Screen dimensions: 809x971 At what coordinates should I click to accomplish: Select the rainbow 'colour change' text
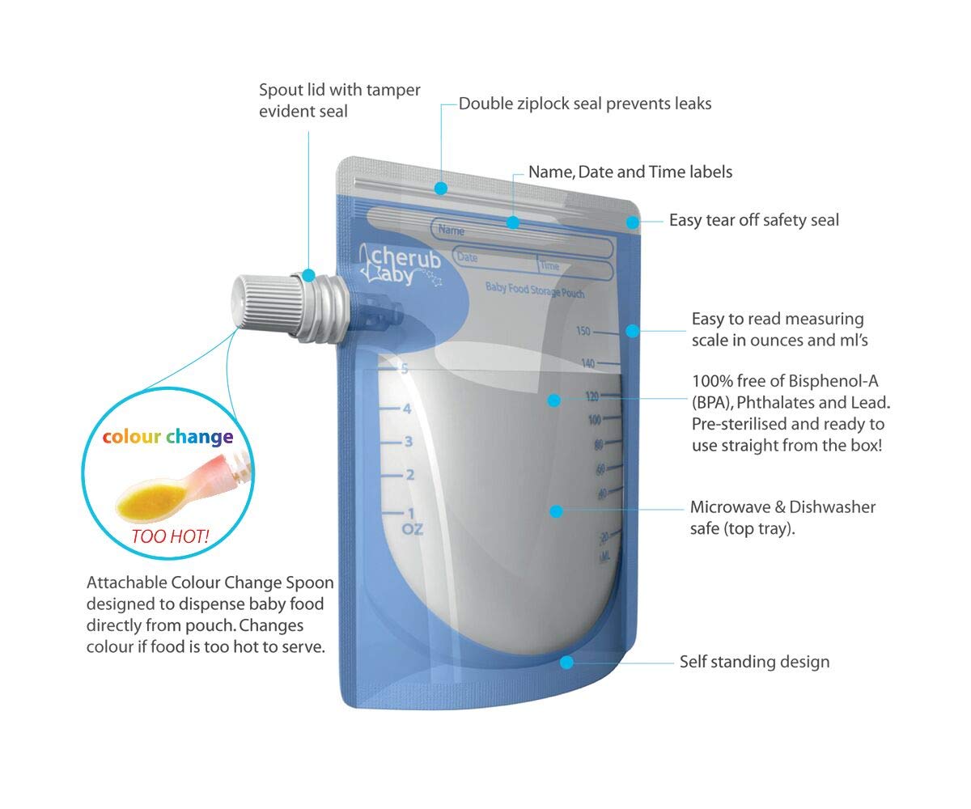[167, 437]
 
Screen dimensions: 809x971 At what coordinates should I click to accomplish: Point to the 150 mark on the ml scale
[583, 331]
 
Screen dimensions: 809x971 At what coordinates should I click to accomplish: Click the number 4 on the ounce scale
[407, 409]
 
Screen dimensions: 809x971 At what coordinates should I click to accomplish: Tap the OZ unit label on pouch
[413, 530]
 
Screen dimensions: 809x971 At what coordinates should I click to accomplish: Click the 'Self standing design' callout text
[754, 662]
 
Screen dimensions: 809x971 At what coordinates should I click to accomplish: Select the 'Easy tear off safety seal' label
[753, 219]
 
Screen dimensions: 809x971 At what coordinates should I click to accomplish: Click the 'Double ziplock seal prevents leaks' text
[585, 104]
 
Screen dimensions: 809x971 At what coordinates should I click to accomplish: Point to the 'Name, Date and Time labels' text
[630, 172]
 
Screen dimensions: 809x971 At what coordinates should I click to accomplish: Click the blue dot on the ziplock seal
[440, 188]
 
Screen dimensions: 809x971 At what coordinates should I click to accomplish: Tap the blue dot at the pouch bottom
[566, 662]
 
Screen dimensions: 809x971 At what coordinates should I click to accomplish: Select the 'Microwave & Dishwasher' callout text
[782, 507]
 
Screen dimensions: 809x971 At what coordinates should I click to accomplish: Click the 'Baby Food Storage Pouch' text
[534, 290]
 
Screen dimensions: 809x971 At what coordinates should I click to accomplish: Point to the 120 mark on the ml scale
[592, 396]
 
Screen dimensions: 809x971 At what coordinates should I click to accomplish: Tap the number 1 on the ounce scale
[410, 512]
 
